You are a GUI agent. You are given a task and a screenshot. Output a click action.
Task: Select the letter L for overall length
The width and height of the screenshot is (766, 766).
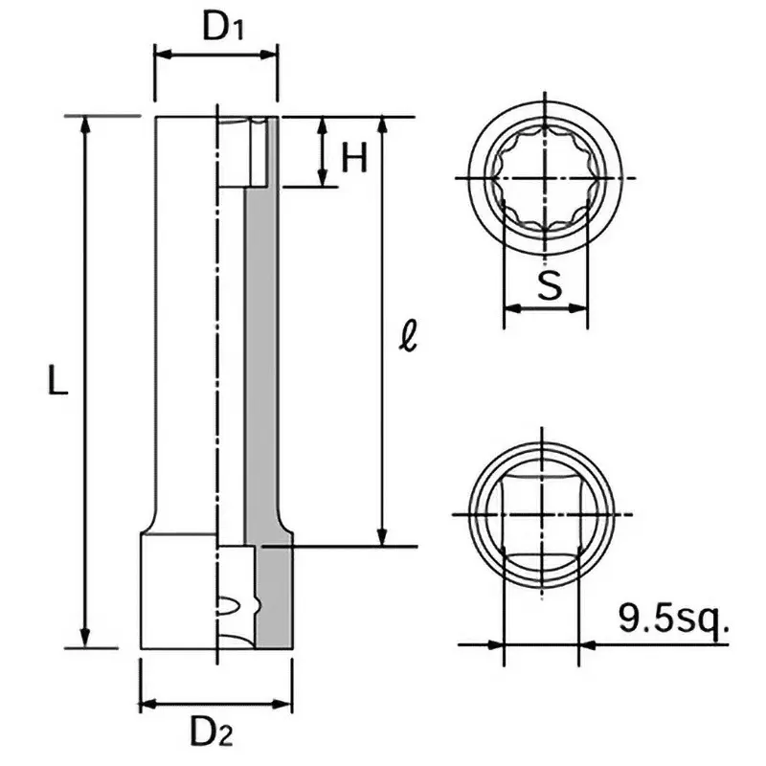(x=57, y=382)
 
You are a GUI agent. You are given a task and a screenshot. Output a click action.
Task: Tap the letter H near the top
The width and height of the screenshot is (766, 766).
(x=354, y=157)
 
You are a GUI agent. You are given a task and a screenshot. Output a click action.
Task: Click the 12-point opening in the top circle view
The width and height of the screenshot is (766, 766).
(x=543, y=178)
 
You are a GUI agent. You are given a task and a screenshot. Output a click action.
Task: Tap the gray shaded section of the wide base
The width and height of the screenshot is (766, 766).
(x=276, y=598)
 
